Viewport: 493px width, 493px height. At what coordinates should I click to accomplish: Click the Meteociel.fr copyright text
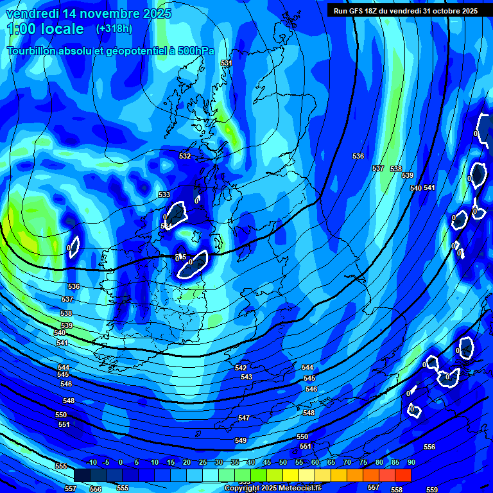pos(272,489)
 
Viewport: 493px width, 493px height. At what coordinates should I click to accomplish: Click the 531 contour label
pos(226,64)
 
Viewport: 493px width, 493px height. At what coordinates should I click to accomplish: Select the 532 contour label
pos(185,156)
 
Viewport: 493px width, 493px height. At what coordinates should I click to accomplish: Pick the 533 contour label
pos(164,195)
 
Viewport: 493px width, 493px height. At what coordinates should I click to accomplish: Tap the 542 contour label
pos(241,368)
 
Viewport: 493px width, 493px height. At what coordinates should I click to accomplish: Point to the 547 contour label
pos(244,418)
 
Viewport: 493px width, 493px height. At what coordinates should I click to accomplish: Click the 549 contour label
pos(241,440)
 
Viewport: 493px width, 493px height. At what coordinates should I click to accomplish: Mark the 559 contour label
pos(432,490)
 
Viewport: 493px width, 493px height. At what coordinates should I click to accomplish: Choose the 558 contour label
pos(397,490)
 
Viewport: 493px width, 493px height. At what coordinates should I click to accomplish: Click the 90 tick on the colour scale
pos(411,462)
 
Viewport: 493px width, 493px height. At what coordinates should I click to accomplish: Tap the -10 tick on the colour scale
pos(91,462)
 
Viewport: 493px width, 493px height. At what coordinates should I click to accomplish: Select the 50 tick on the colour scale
pos(283,462)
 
